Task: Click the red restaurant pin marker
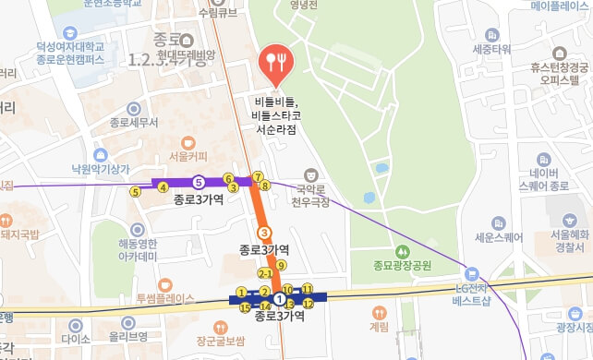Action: click(274, 62)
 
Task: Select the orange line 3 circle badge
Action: click(264, 233)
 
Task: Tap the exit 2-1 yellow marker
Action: click(265, 274)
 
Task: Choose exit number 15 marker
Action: click(245, 306)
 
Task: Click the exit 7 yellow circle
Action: click(259, 176)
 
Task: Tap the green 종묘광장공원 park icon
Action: click(403, 252)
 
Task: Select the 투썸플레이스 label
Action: click(165, 298)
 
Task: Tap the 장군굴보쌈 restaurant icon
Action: click(220, 327)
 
